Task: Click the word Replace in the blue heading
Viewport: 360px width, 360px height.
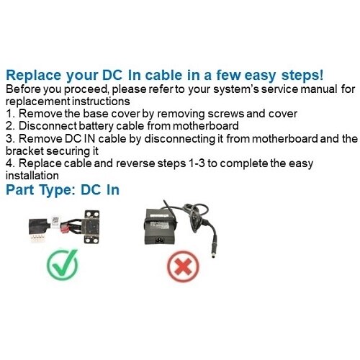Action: (x=34, y=75)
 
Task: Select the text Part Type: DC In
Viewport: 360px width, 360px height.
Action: (x=63, y=190)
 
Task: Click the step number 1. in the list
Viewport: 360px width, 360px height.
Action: (x=9, y=114)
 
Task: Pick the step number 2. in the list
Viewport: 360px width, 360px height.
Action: (x=9, y=127)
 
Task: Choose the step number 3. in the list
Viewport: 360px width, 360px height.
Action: (x=9, y=139)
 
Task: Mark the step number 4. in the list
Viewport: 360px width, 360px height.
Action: (x=9, y=164)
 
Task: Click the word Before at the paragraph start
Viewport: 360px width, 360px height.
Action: (x=23, y=89)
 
